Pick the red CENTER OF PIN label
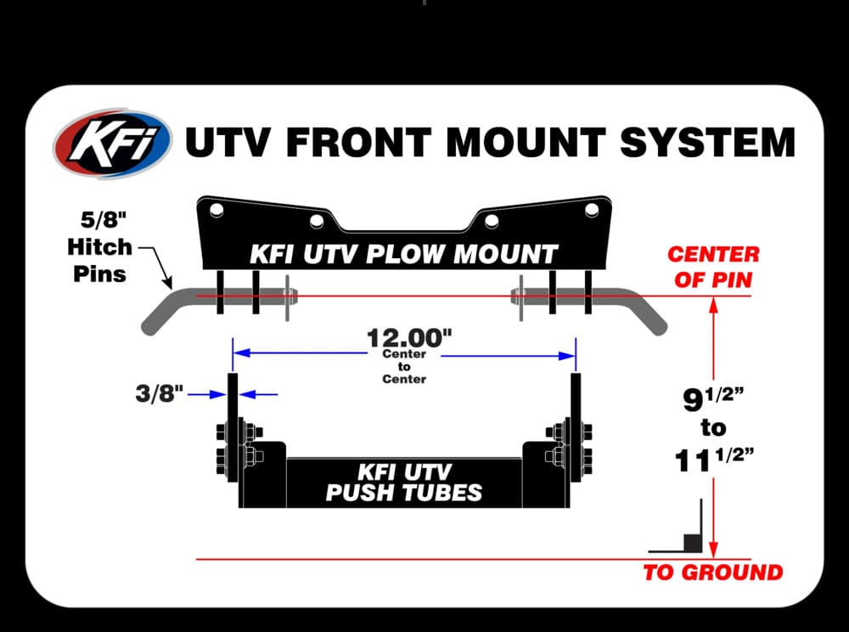coord(713,266)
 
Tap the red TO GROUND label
coord(713,573)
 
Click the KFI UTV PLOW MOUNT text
coord(404,253)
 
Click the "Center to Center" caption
coord(404,366)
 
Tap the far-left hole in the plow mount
coord(216,209)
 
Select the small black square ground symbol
coord(692,540)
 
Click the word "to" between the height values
coord(714,428)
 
